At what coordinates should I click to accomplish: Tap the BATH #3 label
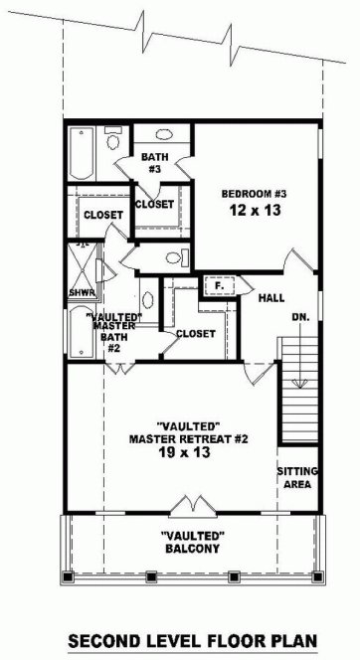click(x=155, y=163)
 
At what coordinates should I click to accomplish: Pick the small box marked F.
click(x=218, y=286)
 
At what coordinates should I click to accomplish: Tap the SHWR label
click(x=81, y=293)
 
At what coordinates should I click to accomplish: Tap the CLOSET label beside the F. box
click(x=195, y=334)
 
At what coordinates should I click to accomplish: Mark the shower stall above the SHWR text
click(x=81, y=263)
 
